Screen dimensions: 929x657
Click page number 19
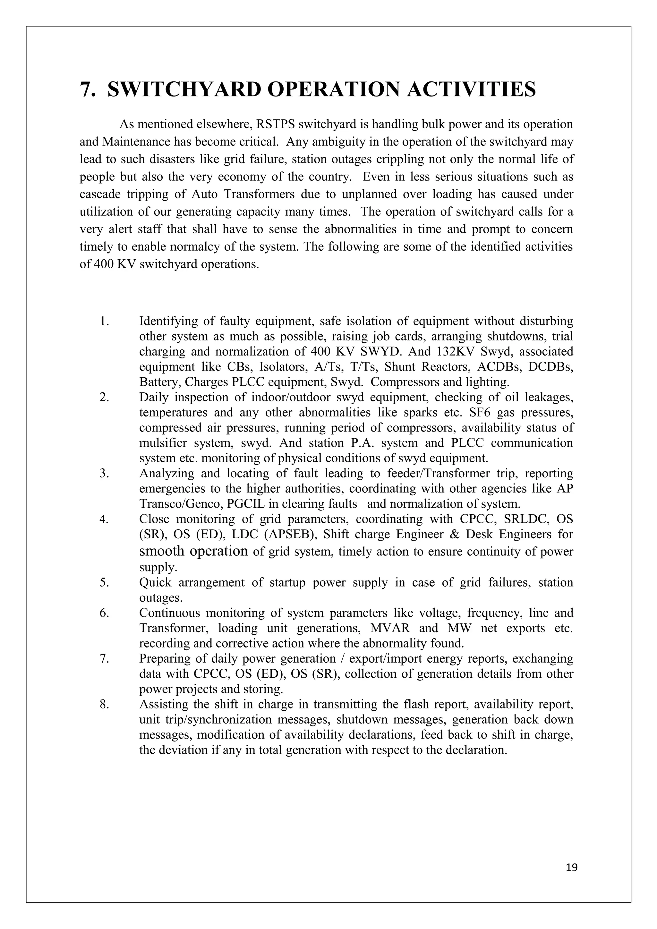572,867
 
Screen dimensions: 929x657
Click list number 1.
105,321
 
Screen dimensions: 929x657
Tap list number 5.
105,583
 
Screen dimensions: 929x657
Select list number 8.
105,704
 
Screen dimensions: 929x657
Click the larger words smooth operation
193,551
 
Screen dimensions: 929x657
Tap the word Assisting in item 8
164,704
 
